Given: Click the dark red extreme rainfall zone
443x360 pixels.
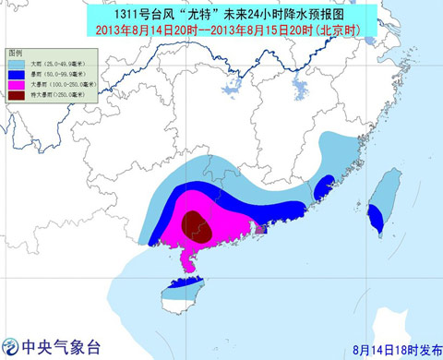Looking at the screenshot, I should click(194, 222).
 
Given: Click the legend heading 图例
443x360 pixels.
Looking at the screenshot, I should click(14, 47).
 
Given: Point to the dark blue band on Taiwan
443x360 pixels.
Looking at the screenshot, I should click(377, 218).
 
